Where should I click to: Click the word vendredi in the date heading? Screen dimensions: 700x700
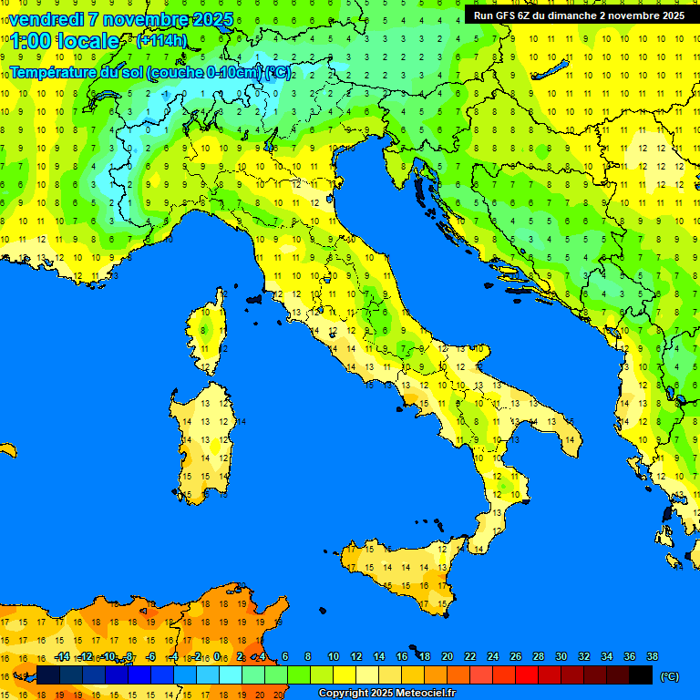[x=46, y=19]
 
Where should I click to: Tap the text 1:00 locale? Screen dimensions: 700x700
[x=65, y=41]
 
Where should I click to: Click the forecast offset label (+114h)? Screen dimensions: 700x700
[x=161, y=41]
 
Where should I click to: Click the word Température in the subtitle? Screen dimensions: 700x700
[x=53, y=72]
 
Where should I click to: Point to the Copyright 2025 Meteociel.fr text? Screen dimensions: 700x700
[x=386, y=694]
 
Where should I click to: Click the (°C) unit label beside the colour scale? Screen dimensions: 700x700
[x=669, y=676]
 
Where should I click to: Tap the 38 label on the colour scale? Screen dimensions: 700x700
[x=652, y=656]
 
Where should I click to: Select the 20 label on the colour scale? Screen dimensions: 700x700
[x=447, y=656]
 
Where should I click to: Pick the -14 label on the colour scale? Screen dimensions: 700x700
[x=62, y=656]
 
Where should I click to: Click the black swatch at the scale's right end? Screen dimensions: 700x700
[x=641, y=674]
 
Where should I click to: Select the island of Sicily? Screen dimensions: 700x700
[x=401, y=570]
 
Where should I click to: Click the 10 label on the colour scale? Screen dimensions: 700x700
[x=333, y=656]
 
